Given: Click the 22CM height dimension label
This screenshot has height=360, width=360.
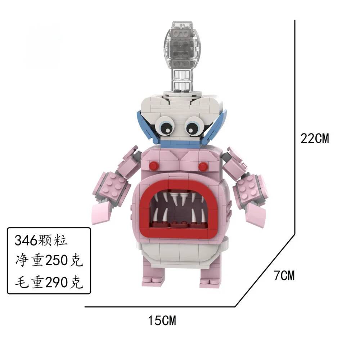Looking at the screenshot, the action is (315, 139).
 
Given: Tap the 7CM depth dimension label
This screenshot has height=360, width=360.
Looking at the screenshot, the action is (284, 275).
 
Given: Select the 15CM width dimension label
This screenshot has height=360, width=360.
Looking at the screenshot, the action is (162, 320).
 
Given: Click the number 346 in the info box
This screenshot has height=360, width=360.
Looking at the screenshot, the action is (26, 240).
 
